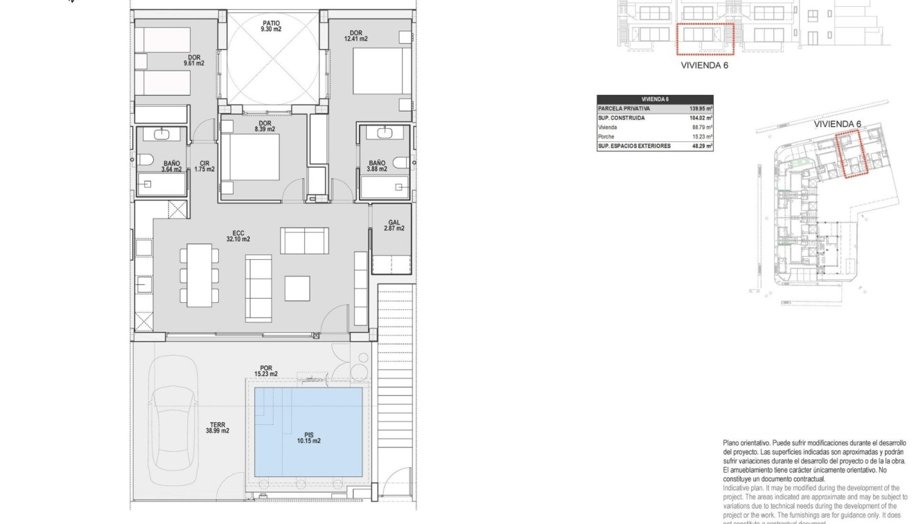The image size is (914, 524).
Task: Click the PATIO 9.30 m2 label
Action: coord(271,26)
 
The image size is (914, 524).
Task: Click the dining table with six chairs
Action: coord(199,274)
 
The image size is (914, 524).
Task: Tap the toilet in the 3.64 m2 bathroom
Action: coord(145,161)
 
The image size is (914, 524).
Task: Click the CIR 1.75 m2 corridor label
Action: coord(204,166)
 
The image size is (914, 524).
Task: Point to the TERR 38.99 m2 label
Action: coord(217,428)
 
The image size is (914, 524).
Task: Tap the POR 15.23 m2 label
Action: coord(266,371)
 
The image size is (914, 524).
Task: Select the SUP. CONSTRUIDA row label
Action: coord(622,119)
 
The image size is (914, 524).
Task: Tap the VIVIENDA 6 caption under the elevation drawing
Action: coord(704,66)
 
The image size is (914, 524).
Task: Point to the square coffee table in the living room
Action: coord(298,288)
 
